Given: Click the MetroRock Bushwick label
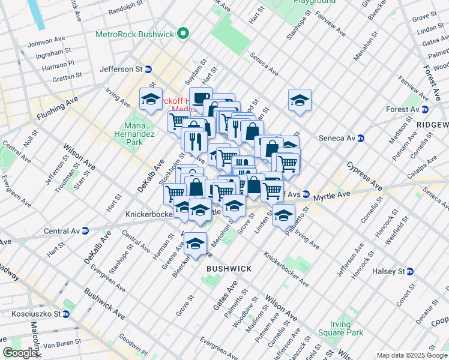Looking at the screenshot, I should [x=137, y=34].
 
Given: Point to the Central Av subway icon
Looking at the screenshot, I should [x=85, y=230].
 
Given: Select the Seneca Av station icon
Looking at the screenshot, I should [x=361, y=138].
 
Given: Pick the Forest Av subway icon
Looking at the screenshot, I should [x=425, y=109].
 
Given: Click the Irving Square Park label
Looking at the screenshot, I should [x=347, y=328].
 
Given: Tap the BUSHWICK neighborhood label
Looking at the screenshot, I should [x=229, y=269].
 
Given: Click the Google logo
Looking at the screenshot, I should [x=20, y=353].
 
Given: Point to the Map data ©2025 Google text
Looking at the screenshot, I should [x=411, y=355].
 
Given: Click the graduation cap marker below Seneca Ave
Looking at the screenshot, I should [x=300, y=100].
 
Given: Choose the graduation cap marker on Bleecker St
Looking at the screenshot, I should [x=195, y=243].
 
